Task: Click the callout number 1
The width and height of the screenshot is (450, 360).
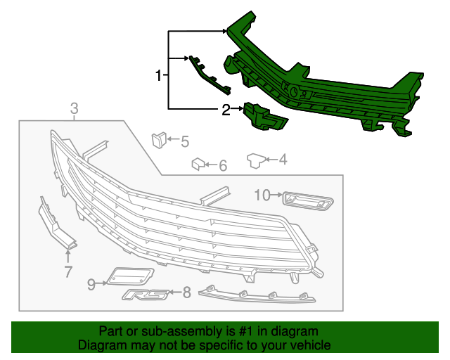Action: coord(159,75)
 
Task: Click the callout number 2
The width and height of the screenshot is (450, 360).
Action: coord(226,109)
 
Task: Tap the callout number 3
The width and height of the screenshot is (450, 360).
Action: coord(74,108)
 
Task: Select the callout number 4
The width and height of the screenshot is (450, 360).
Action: coord(283,160)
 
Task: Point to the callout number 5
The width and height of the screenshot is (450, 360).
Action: coord(184,142)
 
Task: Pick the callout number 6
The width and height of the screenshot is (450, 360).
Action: coord(222,166)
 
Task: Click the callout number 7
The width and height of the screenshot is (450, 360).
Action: coord(68,272)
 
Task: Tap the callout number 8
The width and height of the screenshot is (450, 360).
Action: coord(186,292)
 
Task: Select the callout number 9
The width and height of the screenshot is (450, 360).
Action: coord(91,283)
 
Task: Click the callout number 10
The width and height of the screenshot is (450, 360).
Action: coord(262,195)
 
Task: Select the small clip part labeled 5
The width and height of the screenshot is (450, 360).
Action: coord(158,138)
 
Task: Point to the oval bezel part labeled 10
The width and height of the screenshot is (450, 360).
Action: coord(307,202)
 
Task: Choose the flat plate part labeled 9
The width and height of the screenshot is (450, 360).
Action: coord(131,275)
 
